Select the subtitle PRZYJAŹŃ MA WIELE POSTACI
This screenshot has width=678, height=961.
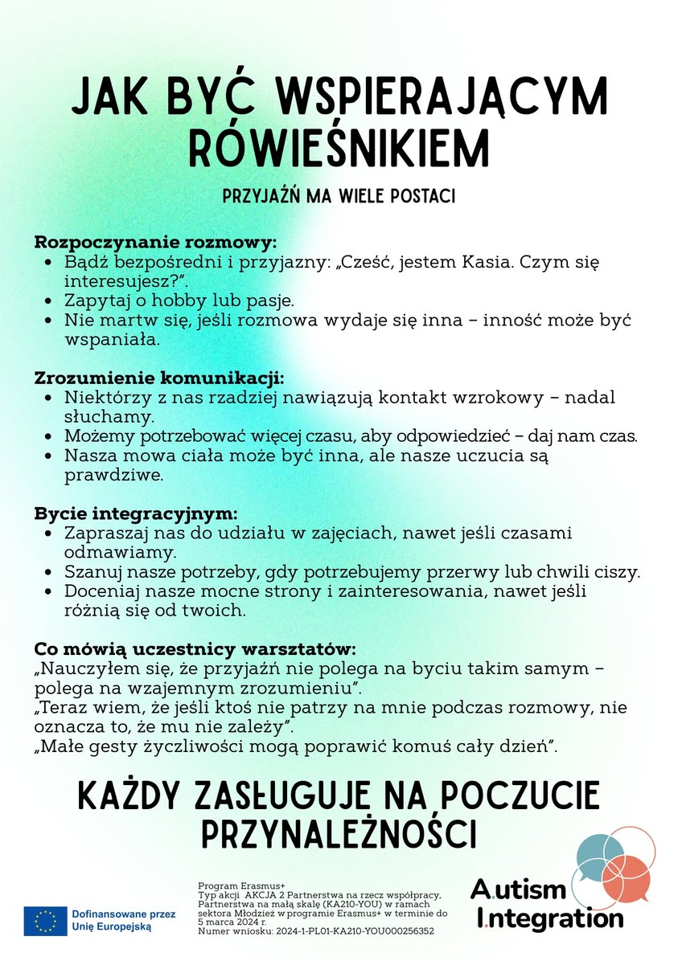tap(339, 195)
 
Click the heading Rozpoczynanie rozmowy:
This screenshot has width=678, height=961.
tap(155, 242)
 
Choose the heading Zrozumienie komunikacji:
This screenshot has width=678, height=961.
tap(159, 378)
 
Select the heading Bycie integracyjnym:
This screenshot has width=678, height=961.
tap(136, 513)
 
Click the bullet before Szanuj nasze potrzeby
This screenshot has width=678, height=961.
tap(50, 573)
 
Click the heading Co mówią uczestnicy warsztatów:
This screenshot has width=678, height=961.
tap(195, 648)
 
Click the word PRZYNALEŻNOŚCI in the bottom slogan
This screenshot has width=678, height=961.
tap(339, 833)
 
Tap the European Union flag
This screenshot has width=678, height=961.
tap(45, 920)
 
